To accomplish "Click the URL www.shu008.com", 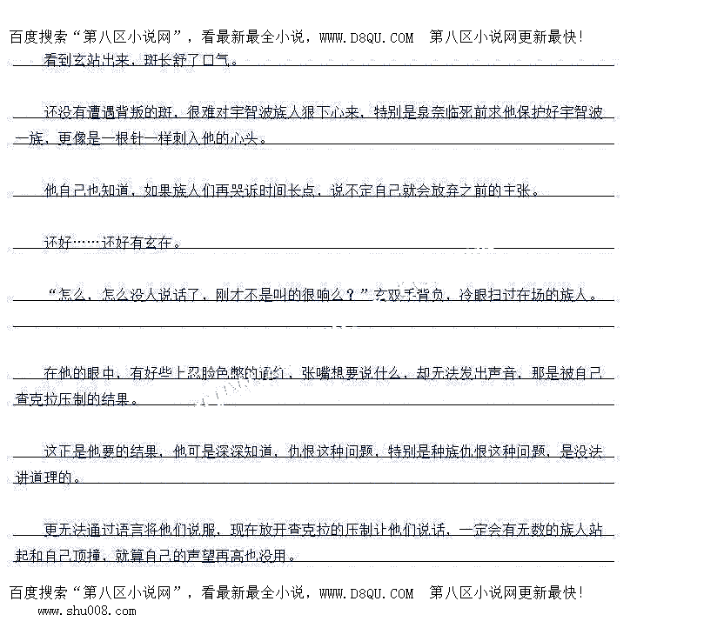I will click(x=86, y=611).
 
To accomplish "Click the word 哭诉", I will click(x=239, y=190).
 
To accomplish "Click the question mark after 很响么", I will click(x=350, y=295).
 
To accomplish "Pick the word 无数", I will click(x=532, y=530).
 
